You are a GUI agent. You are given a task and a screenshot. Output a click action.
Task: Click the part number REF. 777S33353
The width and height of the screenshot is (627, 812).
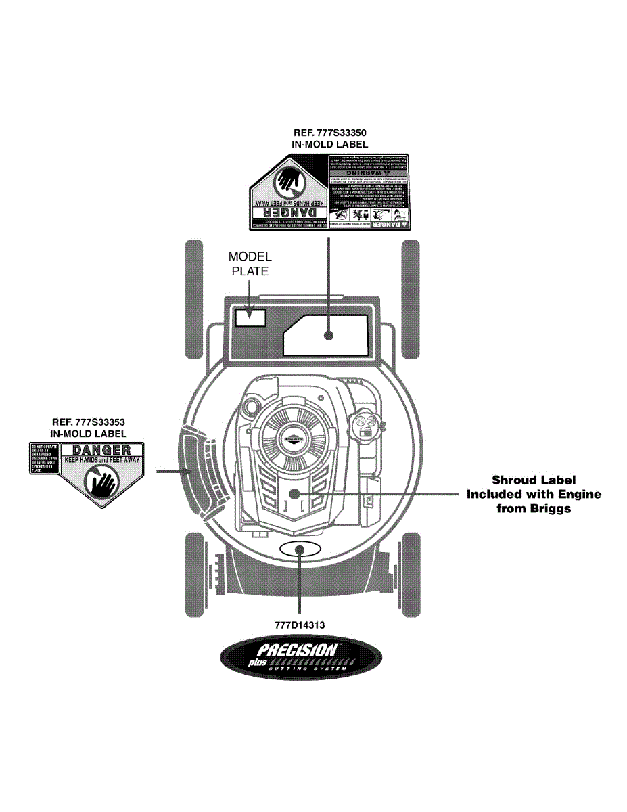pos(89,422)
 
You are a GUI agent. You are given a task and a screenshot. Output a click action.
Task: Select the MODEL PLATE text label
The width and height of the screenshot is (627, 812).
pos(250,264)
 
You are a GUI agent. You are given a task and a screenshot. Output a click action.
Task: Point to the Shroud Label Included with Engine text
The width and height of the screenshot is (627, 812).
pos(534,494)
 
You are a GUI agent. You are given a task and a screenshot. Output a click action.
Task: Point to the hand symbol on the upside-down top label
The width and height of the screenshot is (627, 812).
pos(289,181)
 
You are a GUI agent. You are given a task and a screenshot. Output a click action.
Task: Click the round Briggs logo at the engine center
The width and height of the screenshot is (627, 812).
pos(294,437)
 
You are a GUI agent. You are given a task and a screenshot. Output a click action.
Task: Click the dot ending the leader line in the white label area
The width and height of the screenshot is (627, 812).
pos(328,334)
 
